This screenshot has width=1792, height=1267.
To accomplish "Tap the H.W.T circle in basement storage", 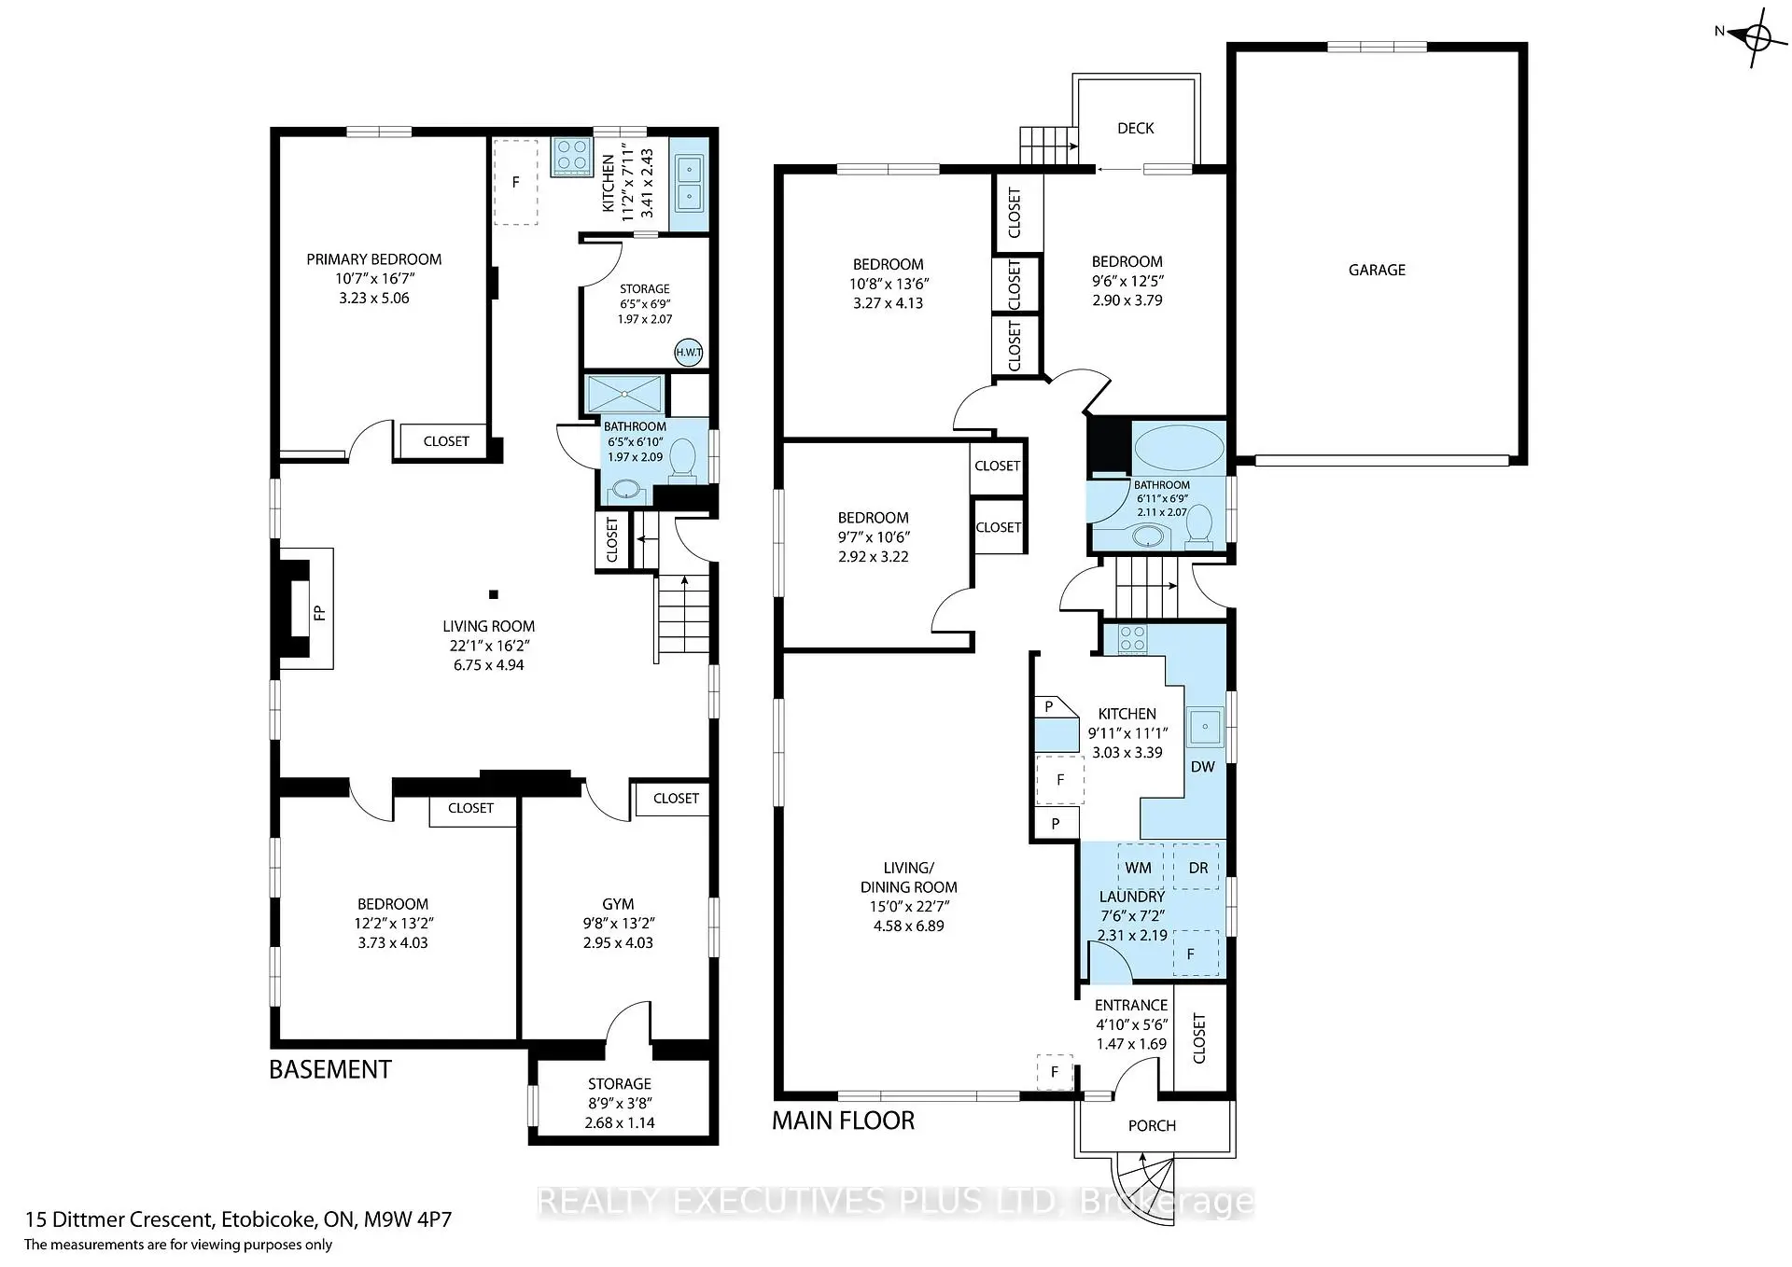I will click(x=688, y=352).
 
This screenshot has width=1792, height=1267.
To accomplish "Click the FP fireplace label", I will click(x=318, y=613).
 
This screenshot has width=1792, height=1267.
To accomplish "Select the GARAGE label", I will click(x=1376, y=270).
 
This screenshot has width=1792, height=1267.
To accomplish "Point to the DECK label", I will click(x=1135, y=128).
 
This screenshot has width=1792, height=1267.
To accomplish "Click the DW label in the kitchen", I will click(x=1202, y=767).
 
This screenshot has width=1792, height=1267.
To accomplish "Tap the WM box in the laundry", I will click(x=1139, y=868).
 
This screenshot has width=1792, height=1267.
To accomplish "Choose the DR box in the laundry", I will click(x=1197, y=868).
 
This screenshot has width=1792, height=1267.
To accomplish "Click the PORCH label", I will click(x=1151, y=1125).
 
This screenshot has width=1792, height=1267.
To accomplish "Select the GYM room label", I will click(x=618, y=904).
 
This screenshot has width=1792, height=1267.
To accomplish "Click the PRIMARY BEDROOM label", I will click(x=373, y=259).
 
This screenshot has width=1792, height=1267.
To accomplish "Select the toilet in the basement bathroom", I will click(x=683, y=460).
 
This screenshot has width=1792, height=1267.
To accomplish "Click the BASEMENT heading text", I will click(x=329, y=1069).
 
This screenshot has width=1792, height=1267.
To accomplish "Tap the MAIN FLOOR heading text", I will click(x=843, y=1121).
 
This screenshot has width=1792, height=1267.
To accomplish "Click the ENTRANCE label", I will click(x=1130, y=1005).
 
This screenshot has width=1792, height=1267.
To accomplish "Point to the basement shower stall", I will click(x=623, y=394).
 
